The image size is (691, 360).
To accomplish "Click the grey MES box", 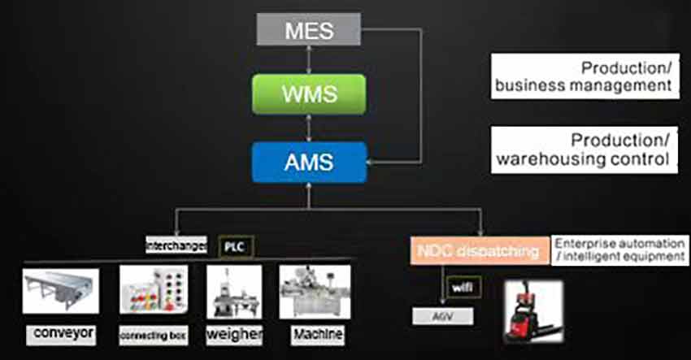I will click(309, 31).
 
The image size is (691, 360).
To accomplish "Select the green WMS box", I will click(309, 93).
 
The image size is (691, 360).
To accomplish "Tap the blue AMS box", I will click(309, 161).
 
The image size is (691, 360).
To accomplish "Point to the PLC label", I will click(233, 245).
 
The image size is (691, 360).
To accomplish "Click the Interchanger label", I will click(176, 244).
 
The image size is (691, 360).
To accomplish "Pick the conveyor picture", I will click(61, 292).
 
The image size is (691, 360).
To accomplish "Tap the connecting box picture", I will click(148, 292).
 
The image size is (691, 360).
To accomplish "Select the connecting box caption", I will click(148, 335).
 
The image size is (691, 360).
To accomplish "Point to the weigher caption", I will click(233, 335).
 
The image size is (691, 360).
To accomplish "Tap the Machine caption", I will click(317, 334).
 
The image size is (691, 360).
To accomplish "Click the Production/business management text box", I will click(584, 76).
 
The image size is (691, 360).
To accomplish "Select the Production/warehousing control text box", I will click(584, 149).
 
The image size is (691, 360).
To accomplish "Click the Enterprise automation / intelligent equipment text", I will click(617, 250).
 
